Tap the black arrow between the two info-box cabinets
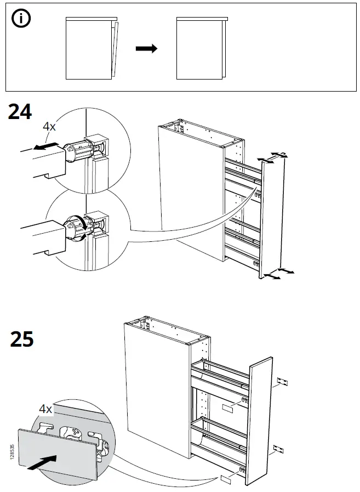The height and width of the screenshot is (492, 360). pos(146,49)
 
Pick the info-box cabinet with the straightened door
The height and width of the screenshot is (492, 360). pos(201,48)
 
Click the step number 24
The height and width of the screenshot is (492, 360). pos(20,112)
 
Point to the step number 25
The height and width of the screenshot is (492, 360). pos(22,340)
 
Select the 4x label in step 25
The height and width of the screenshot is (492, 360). pos(45,409)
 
